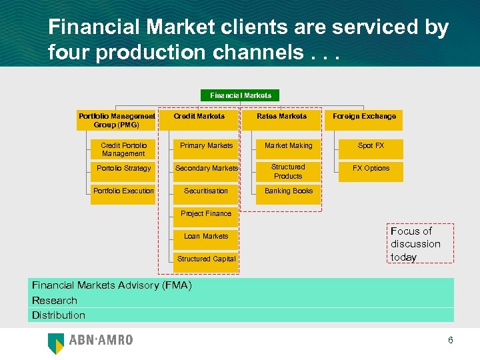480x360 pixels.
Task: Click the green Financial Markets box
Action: coord(240,95)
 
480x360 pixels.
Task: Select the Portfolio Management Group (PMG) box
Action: coord(117,120)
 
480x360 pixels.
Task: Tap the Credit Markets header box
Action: coord(199,117)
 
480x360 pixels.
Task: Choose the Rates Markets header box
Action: coord(282,117)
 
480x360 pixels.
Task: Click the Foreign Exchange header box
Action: coord(365,117)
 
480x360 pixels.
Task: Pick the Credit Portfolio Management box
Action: coord(123,149)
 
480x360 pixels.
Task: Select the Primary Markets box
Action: coord(207,146)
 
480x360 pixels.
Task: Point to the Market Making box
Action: coord(289,146)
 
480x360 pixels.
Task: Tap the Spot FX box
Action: coord(371,146)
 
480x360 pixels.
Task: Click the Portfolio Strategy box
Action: coord(123,169)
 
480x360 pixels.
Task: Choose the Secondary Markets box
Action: coord(207,169)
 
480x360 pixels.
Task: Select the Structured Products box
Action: coord(289,171)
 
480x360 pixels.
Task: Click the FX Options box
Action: coord(371,169)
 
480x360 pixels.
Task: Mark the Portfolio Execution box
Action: coord(123,191)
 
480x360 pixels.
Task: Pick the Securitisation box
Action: coord(207,191)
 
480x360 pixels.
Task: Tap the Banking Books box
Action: coord(289,191)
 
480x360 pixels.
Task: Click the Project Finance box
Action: coord(207,214)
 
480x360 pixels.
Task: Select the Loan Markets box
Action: coord(207,237)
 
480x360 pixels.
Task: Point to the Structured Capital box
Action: coord(207,259)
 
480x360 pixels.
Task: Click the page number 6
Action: coord(451,340)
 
